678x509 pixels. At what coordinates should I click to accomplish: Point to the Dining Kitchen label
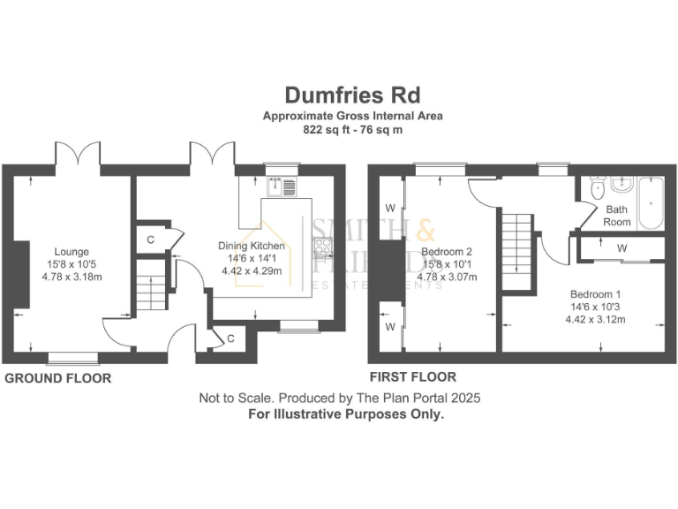[x=252, y=246]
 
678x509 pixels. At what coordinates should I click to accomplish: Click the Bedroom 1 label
[x=595, y=294]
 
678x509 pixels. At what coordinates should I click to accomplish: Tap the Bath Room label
[x=617, y=216]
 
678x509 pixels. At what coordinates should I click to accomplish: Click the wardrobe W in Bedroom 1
[x=621, y=248]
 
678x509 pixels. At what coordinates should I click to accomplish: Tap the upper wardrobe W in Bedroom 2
[x=389, y=209]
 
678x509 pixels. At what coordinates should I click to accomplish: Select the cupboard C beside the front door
[x=230, y=337]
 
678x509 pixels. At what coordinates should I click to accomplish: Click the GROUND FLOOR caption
[x=58, y=378]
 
